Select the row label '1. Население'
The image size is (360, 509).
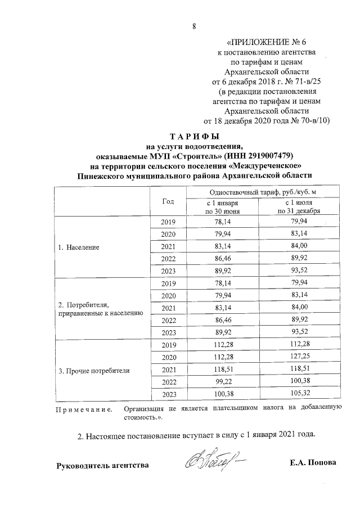click(x=79, y=247)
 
